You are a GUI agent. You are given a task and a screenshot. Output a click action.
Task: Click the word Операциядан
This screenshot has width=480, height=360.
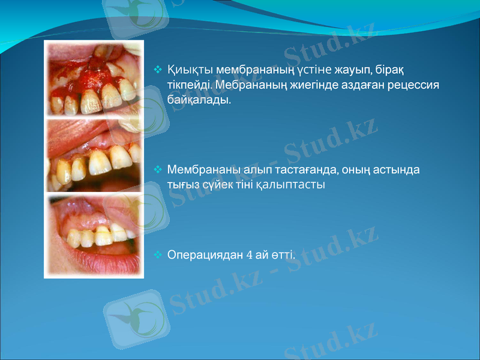pos(205,254)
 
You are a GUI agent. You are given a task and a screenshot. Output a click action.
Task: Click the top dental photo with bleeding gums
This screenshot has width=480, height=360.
pos(94,79)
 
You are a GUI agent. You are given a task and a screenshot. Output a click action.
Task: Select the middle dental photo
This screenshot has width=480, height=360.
pos(94,155)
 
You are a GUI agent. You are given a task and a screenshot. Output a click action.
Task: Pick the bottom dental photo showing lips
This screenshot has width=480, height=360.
pos(94,234)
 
